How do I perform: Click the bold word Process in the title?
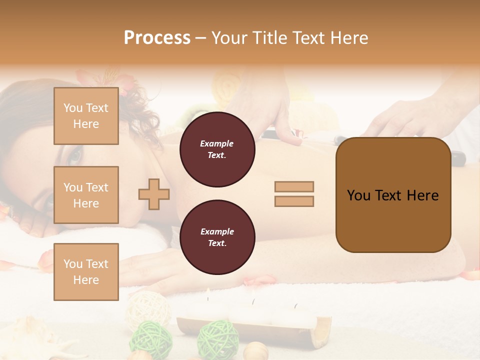(x=157, y=38)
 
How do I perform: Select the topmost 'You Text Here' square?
(x=86, y=116)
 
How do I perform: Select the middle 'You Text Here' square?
(x=86, y=195)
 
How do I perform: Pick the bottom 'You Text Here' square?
(x=86, y=271)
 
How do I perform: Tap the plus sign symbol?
(x=154, y=194)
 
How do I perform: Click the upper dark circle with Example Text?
(x=217, y=149)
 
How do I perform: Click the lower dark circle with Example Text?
(x=217, y=237)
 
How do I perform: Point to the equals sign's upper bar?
(x=294, y=186)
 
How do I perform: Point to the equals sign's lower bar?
(x=294, y=201)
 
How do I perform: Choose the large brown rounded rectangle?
(x=393, y=220)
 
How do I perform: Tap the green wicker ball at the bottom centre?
(x=217, y=337)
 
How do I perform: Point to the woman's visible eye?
(x=75, y=156)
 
